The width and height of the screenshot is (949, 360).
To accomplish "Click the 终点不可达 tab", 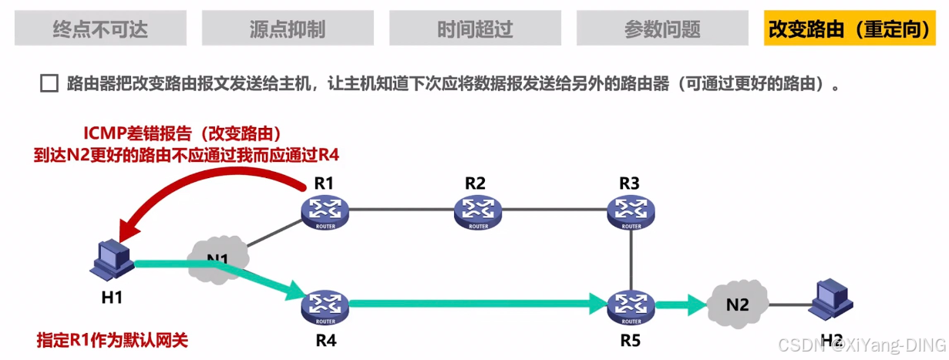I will (x=100, y=29).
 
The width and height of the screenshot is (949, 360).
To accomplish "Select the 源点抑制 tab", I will (x=288, y=29).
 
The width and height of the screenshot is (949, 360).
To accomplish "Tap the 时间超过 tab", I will (x=475, y=29).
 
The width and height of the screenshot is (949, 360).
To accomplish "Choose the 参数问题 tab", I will (x=662, y=29).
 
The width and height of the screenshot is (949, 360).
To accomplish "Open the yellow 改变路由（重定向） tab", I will (x=848, y=29).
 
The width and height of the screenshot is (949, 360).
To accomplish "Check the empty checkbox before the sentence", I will (x=49, y=84).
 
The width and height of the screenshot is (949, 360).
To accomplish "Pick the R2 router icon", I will (x=478, y=209).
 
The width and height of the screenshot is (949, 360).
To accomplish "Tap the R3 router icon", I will (x=631, y=209).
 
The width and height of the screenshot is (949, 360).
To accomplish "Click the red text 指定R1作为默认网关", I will (x=113, y=339).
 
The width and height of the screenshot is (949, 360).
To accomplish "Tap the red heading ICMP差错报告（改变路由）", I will (x=182, y=133).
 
